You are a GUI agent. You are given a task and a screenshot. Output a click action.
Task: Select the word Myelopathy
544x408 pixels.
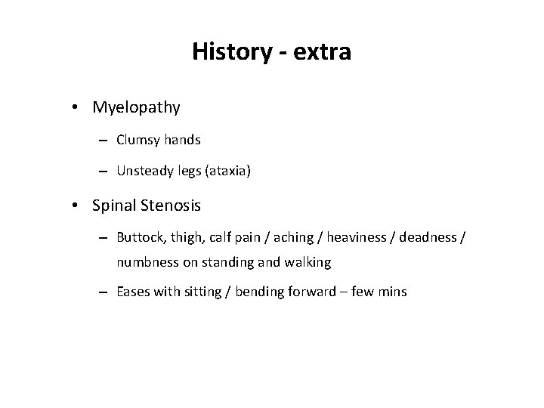[x=137, y=107]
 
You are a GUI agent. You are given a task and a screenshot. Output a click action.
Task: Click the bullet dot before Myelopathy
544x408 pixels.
[x=78, y=107]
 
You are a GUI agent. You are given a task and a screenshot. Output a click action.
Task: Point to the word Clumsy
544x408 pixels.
[x=138, y=140]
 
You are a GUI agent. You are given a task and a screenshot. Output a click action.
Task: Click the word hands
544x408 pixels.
[x=182, y=140]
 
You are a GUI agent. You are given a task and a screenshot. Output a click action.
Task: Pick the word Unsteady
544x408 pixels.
[x=143, y=172]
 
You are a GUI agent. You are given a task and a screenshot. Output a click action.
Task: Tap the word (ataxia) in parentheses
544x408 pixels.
[x=227, y=172]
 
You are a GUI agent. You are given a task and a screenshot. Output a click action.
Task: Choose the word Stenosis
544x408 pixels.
[x=171, y=204]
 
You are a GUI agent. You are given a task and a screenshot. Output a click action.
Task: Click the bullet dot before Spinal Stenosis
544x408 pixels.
[x=78, y=204]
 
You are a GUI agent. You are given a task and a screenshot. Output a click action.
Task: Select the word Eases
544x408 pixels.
[x=133, y=292]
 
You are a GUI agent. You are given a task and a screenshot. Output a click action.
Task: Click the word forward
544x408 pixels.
[x=301, y=292]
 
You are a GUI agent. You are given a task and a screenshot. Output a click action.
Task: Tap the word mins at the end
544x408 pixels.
[x=391, y=292]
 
